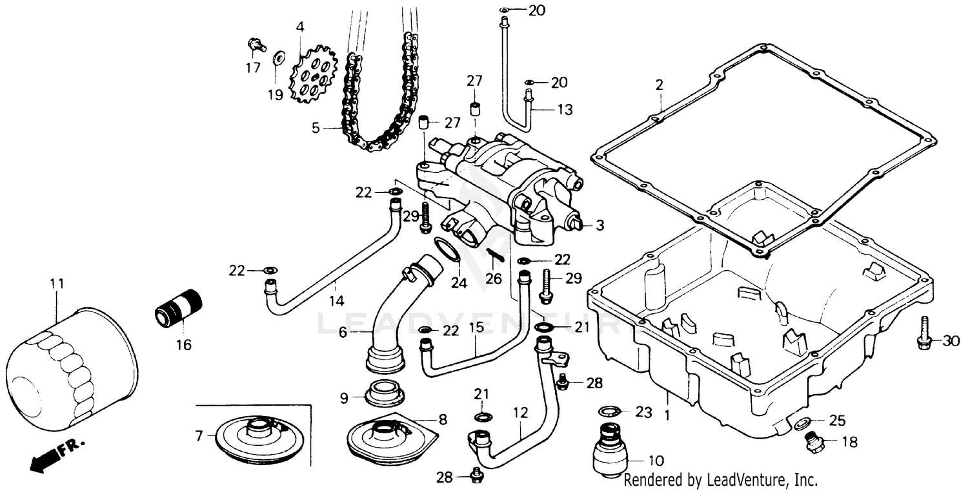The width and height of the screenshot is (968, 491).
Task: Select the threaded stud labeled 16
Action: (x=179, y=309)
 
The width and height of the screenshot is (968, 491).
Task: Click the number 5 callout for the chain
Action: (x=316, y=128)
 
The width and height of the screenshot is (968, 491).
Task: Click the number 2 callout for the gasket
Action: (x=659, y=84)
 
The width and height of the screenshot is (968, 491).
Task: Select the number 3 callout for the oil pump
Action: (x=600, y=225)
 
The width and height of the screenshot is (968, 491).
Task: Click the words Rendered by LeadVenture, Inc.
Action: (x=720, y=480)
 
